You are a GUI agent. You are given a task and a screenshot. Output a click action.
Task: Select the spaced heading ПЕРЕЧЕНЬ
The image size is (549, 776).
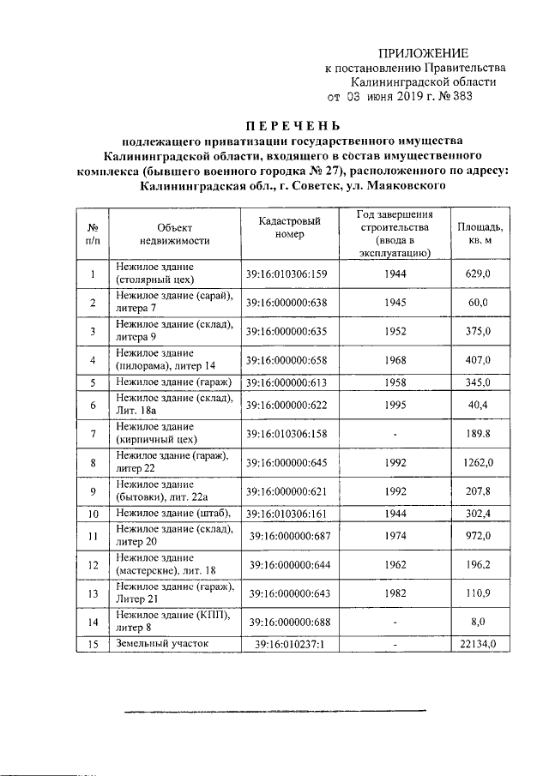[x=292, y=126]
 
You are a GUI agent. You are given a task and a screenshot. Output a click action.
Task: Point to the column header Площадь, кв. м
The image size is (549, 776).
[x=479, y=234]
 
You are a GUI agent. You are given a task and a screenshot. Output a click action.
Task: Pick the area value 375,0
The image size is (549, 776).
[x=479, y=331]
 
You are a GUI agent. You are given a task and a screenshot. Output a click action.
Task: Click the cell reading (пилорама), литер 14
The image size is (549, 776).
[x=166, y=365]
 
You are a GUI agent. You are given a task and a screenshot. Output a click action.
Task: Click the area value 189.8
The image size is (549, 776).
[x=479, y=433]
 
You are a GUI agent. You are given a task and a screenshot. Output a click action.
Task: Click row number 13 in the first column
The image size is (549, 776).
[x=92, y=593]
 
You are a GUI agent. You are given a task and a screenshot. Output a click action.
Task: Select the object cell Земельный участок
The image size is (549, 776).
[x=163, y=643]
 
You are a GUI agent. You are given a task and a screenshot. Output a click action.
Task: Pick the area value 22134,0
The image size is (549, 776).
[x=479, y=643]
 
